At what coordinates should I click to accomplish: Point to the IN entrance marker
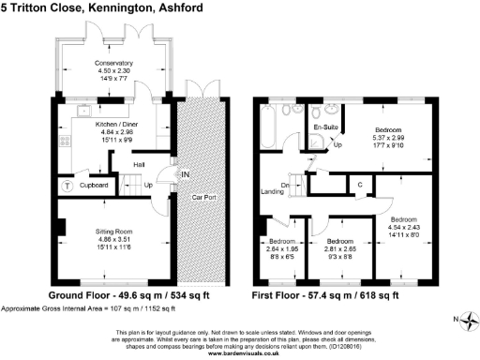click(185, 174)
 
